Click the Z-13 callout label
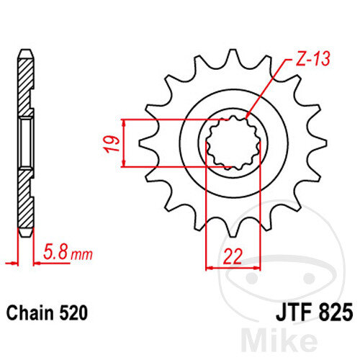(x=312, y=58)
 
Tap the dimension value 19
(x=112, y=143)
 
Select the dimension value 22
(x=233, y=256)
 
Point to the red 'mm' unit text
(x=81, y=254)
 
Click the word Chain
(x=30, y=312)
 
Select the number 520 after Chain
(x=73, y=313)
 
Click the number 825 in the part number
(x=336, y=312)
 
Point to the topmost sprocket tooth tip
(x=233, y=50)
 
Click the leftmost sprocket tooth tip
(x=140, y=143)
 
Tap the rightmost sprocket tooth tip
(x=326, y=143)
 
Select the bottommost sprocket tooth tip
(x=233, y=236)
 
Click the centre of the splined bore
(x=233, y=143)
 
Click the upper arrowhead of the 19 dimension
(x=124, y=123)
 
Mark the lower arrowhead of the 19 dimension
(x=124, y=163)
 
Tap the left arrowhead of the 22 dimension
(x=210, y=267)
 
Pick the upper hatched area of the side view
(x=25, y=86)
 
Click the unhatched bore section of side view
(x=26, y=143)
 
